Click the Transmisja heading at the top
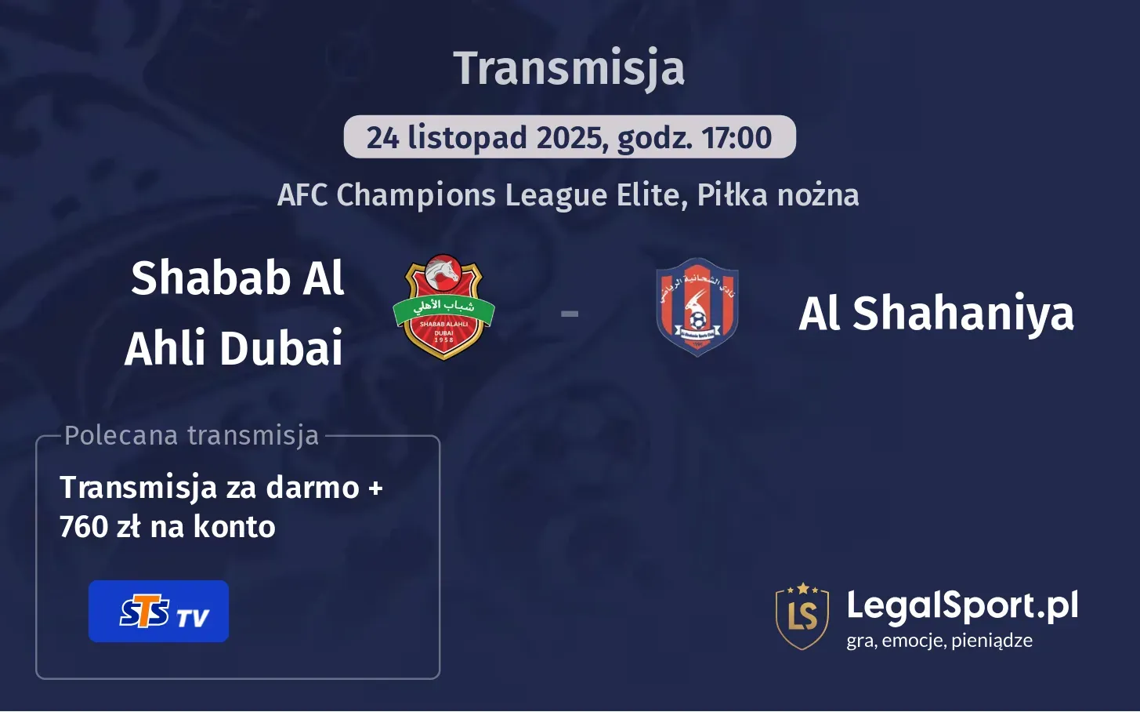[569, 68]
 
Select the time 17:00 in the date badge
[736, 138]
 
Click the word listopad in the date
[467, 138]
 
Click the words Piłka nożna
[778, 195]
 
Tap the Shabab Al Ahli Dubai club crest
[443, 307]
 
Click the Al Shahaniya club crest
[697, 307]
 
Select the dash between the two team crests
[570, 314]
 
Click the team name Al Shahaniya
[936, 314]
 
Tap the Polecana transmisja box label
[192, 435]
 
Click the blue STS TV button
[158, 612]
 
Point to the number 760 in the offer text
[84, 527]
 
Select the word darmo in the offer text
[313, 488]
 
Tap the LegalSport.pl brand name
[962, 605]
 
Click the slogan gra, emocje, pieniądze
[939, 641]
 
